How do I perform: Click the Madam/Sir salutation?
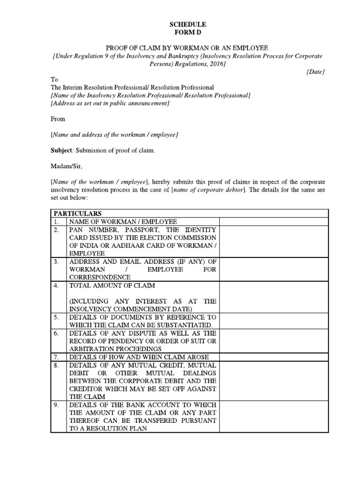coord(63,165)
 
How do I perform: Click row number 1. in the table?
coord(56,221)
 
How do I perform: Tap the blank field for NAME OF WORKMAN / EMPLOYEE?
coord(274,221)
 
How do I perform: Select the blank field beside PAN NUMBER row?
coord(274,241)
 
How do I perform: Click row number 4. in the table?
coord(56,285)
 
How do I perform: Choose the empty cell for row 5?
coord(274,321)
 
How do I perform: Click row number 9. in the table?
coord(56,405)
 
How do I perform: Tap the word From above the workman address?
coord(58,119)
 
